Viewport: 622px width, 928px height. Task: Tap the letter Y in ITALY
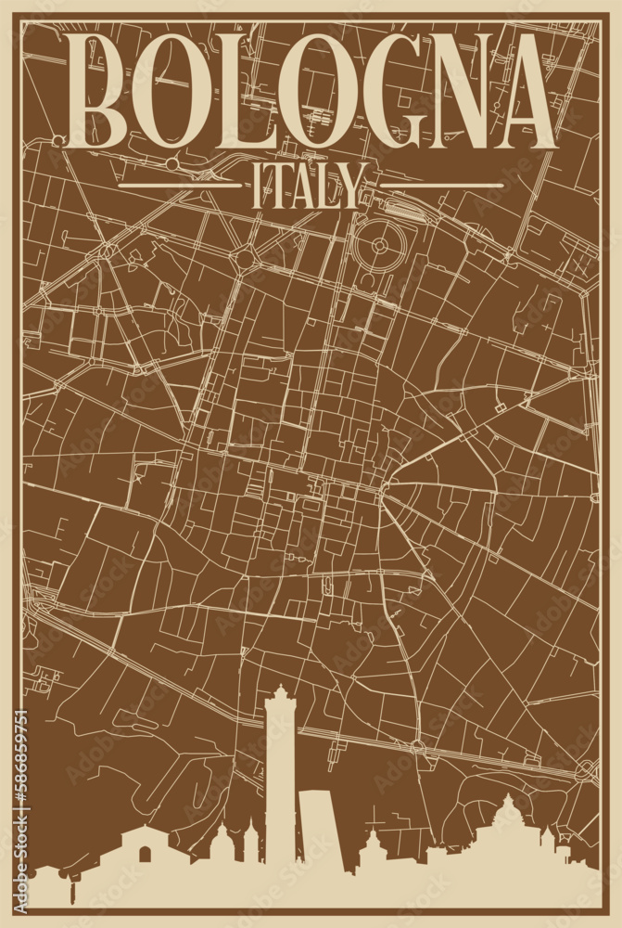point(347,188)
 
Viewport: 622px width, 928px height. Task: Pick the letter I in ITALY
point(253,188)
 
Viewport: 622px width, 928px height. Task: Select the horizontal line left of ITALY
point(181,185)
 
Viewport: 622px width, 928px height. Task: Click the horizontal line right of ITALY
point(436,185)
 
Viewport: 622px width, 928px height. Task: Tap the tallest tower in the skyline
point(279,789)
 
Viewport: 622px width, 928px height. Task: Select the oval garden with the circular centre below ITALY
point(381,245)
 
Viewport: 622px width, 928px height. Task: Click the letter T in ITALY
point(275,188)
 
